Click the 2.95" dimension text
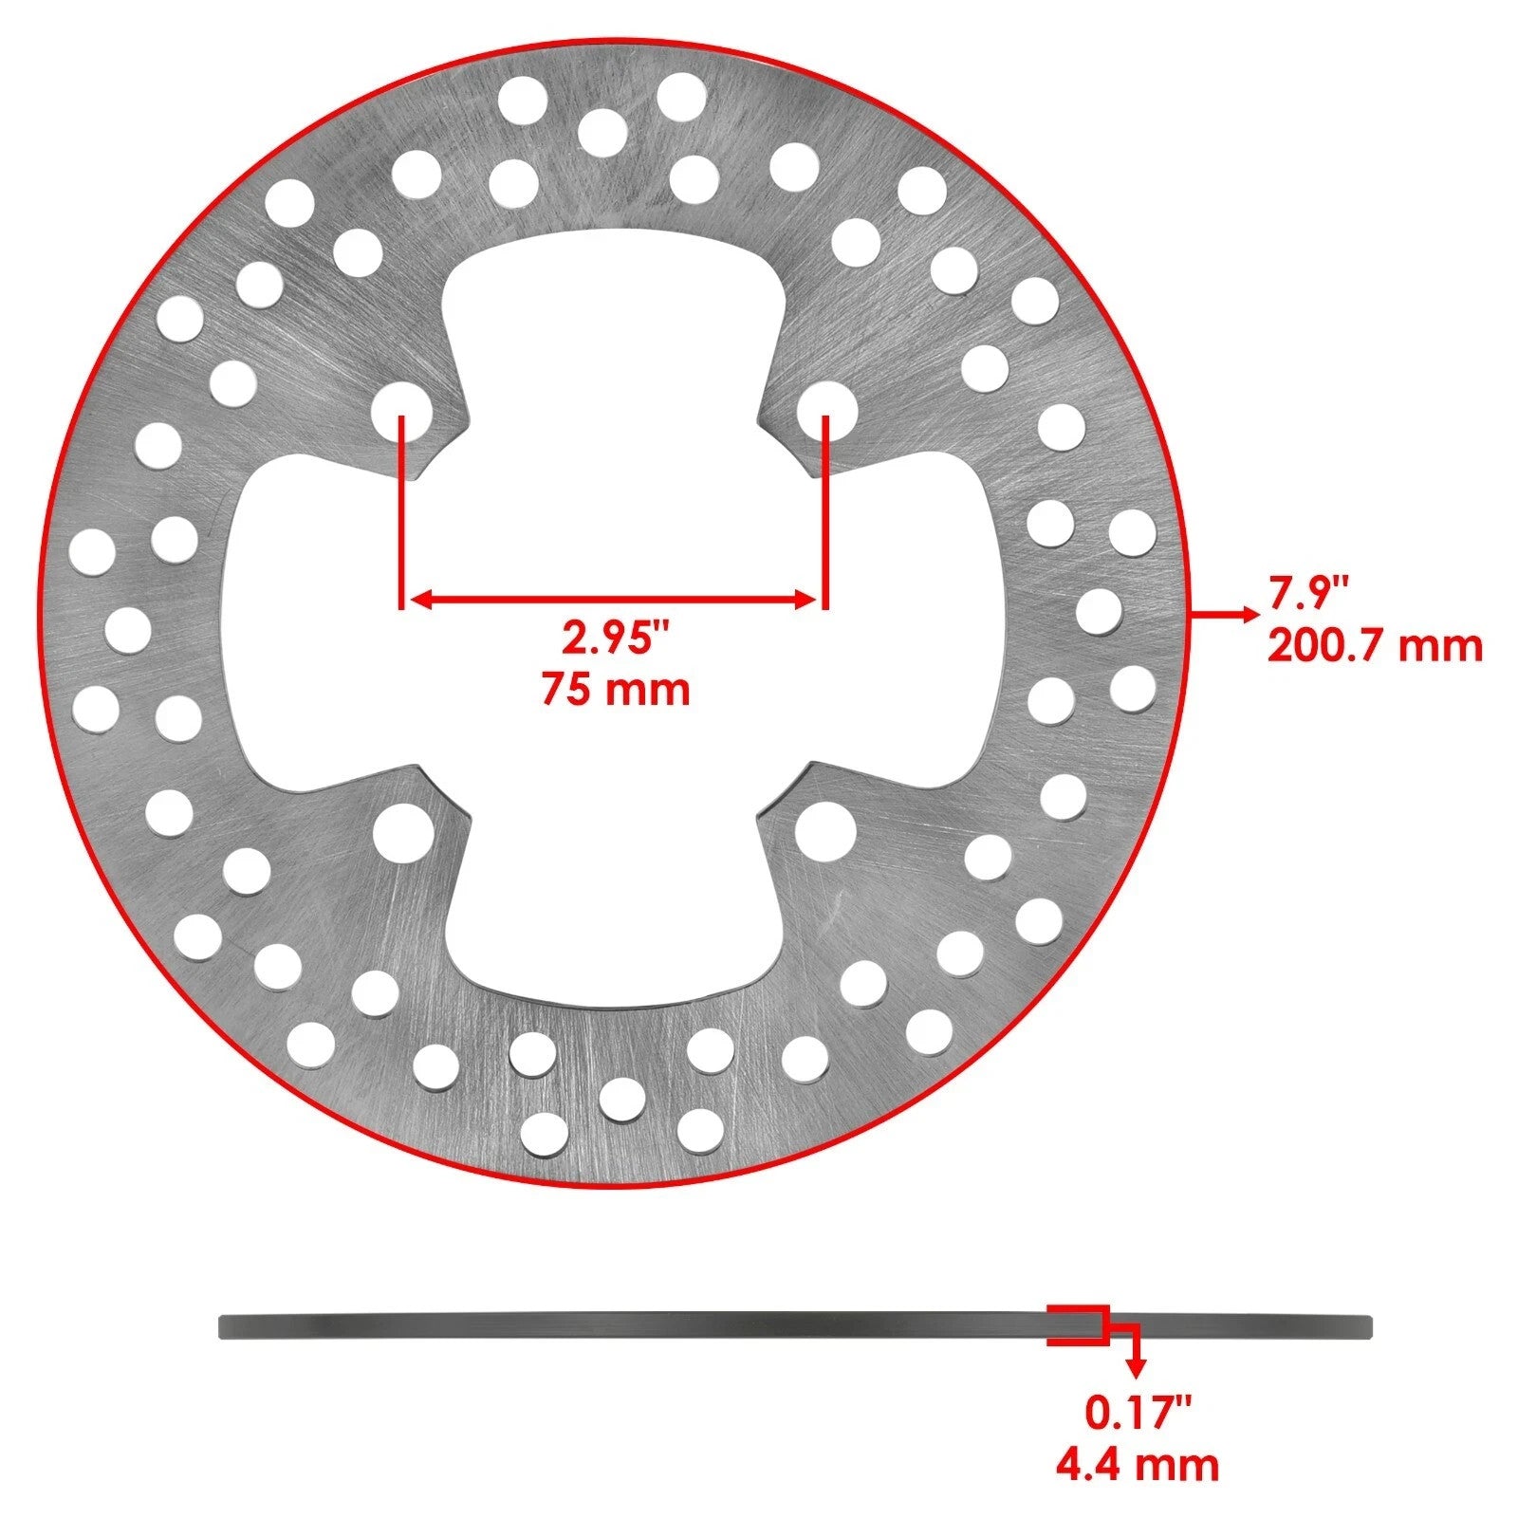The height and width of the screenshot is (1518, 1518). pyautogui.click(x=615, y=639)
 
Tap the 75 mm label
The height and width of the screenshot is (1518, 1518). pyautogui.click(x=615, y=688)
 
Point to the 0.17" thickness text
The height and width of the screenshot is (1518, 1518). pyautogui.click(x=1138, y=1412)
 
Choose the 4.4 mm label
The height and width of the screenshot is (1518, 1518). pyautogui.click(x=1138, y=1464)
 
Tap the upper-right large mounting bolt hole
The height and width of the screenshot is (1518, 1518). pyautogui.click(x=826, y=413)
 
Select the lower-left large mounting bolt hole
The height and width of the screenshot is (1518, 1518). pyautogui.click(x=402, y=832)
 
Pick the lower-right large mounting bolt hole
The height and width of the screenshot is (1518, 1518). pyautogui.click(x=824, y=830)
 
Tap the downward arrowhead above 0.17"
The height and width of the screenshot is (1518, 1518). pyautogui.click(x=1135, y=1367)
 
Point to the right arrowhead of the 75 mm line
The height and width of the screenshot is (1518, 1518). pyautogui.click(x=807, y=599)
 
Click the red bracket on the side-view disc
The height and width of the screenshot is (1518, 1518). pyautogui.click(x=1078, y=1324)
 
